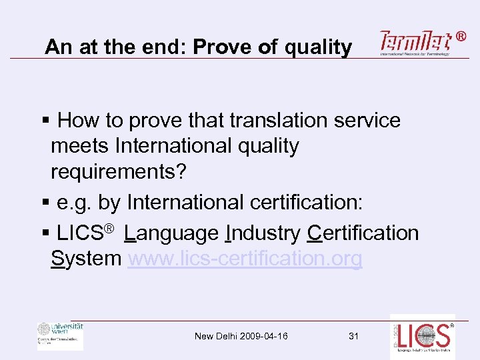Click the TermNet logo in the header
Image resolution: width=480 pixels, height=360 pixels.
(x=416, y=43)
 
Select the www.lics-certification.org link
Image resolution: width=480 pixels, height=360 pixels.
(x=245, y=258)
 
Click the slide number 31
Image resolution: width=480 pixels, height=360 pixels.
(x=354, y=336)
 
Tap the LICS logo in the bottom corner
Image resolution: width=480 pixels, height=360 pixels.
(x=423, y=337)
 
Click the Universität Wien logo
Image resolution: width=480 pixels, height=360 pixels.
(x=60, y=335)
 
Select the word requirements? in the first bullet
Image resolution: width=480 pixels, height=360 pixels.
(x=119, y=171)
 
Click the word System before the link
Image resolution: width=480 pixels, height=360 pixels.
(x=86, y=258)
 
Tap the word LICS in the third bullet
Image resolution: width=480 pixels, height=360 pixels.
(x=81, y=233)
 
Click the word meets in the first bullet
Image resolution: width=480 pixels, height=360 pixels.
(x=80, y=145)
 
